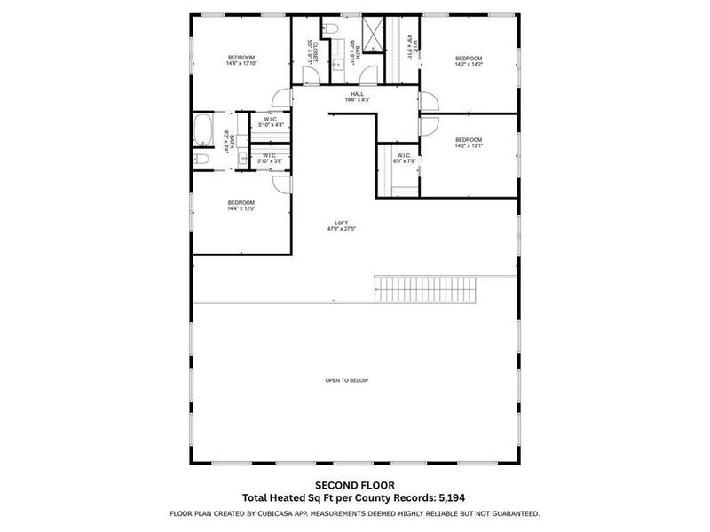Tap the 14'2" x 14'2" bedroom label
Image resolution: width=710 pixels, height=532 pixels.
click(x=469, y=61)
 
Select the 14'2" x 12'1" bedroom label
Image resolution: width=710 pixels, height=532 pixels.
click(x=469, y=142)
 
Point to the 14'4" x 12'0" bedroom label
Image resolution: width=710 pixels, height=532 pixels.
click(x=241, y=205)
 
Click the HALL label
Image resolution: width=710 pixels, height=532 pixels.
click(x=357, y=97)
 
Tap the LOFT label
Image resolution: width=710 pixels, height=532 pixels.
click(x=342, y=225)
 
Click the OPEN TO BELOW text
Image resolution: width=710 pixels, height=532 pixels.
click(x=346, y=380)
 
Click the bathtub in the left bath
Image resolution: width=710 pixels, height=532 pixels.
click(x=202, y=129)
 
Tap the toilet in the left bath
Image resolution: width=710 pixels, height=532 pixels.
click(x=201, y=159)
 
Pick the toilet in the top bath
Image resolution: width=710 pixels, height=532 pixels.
click(x=332, y=29)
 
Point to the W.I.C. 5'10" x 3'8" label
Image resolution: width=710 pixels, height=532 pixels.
click(x=271, y=159)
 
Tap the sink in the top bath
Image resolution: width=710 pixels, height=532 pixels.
click(x=337, y=64)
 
